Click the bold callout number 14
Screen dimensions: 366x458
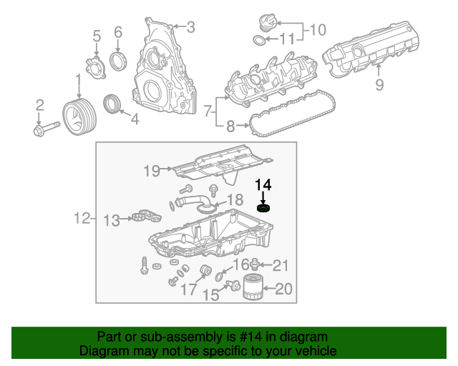coord(263,185)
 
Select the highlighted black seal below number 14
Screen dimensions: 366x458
coord(264,208)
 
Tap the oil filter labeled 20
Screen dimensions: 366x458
coord(253,288)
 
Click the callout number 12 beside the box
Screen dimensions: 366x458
coord(82,218)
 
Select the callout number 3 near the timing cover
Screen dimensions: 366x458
coord(190,27)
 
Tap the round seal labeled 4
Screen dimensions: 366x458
coord(112,104)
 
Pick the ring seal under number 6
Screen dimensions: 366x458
coord(118,57)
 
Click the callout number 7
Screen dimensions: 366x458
coord(208,111)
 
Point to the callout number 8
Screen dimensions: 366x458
coord(230,127)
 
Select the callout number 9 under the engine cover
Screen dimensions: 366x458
coord(379,85)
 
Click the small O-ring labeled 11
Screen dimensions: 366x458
coord(259,39)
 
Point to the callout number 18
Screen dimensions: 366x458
coord(235,199)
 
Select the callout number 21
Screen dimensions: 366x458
coord(281,266)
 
